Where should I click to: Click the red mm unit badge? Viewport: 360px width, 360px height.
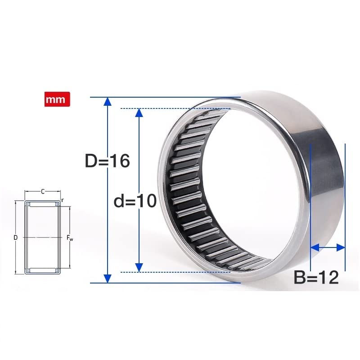[x=57, y=99]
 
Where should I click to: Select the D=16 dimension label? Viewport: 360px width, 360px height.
[x=107, y=161]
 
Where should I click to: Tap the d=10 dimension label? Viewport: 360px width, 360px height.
[x=135, y=201]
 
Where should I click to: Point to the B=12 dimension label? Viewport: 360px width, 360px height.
[x=316, y=278]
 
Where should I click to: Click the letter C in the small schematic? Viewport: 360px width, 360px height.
[x=43, y=192]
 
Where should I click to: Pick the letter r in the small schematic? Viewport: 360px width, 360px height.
[x=63, y=200]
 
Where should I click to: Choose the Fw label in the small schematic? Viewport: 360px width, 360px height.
[x=70, y=237]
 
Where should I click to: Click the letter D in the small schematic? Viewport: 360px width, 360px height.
[x=16, y=237]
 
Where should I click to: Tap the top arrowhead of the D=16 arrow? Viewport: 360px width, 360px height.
[x=107, y=102]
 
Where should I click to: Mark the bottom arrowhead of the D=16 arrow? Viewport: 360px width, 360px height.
[x=107, y=278]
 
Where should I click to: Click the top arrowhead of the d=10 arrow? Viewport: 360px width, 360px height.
[x=139, y=112]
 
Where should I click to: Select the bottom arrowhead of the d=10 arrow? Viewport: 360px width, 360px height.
[x=139, y=267]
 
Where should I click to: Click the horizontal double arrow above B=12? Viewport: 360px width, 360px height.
[x=328, y=247]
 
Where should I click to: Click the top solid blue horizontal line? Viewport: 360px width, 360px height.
[x=162, y=97]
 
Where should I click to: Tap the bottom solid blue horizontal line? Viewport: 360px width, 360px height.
[x=162, y=283]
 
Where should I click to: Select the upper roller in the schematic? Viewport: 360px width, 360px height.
[x=43, y=204]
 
